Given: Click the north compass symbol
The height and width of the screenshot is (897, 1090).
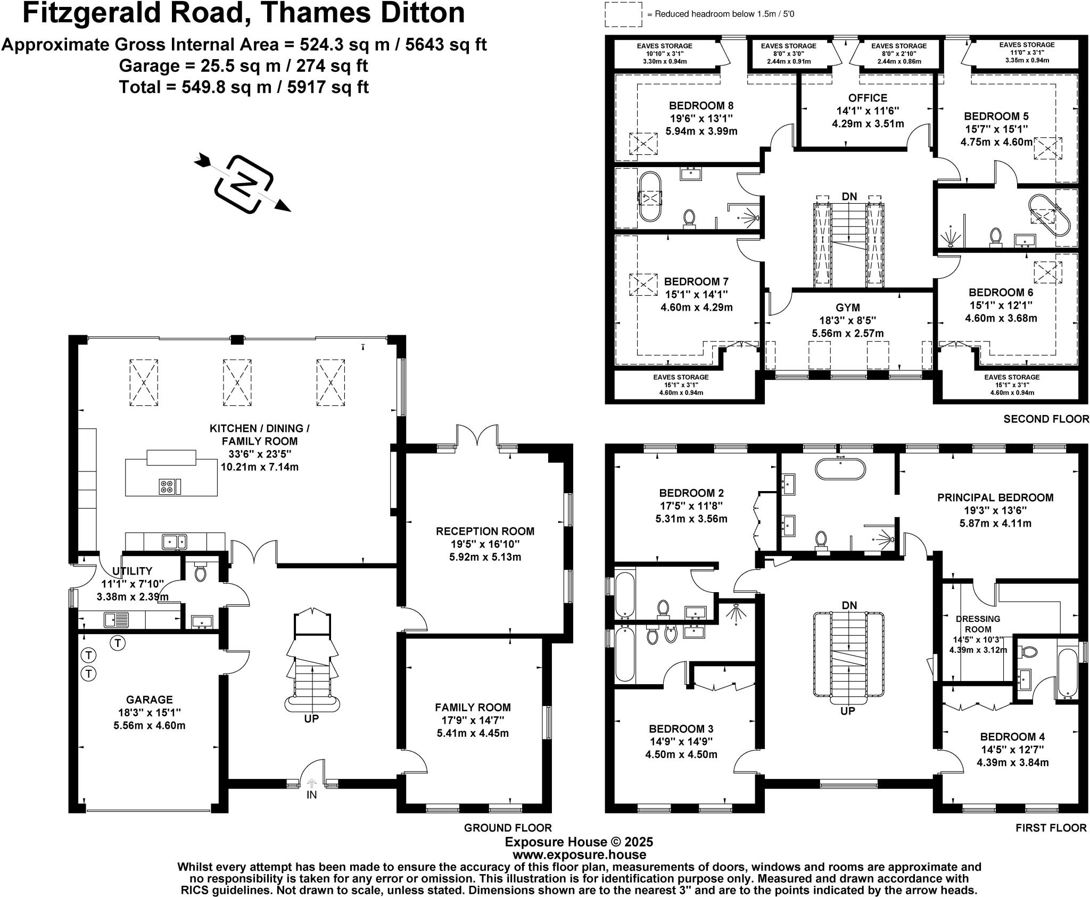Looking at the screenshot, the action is point(244,184).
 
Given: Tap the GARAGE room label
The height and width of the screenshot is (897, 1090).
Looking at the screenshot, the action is point(149,700).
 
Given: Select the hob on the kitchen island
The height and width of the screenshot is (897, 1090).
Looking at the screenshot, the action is point(167,486).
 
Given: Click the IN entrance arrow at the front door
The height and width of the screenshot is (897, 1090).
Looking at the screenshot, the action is point(311,784).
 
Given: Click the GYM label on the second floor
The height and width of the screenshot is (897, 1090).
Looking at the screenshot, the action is point(847,308).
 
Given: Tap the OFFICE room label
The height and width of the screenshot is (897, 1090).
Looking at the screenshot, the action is point(868,98).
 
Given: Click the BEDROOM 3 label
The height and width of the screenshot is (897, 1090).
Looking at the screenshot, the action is point(681,728).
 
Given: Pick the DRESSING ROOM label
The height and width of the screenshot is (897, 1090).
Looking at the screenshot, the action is point(978,624).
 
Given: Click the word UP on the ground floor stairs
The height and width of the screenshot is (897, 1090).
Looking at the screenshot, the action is point(311,719).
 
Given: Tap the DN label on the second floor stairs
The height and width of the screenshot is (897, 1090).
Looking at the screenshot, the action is point(849,196).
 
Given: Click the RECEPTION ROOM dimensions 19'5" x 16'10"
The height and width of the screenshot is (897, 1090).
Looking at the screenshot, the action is point(485,544).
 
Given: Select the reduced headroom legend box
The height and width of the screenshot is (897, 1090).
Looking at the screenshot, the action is point(623,14).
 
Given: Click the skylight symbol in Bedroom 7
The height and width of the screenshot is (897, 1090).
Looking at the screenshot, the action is point(643,285).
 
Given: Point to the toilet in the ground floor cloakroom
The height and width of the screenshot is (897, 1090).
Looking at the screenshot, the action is point(201,571).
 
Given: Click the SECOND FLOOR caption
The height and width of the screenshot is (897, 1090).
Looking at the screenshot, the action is point(1046,419).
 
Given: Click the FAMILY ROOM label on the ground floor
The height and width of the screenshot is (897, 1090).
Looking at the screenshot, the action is point(473,707).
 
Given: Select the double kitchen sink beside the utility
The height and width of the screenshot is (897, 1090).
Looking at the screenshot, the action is point(174,541).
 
